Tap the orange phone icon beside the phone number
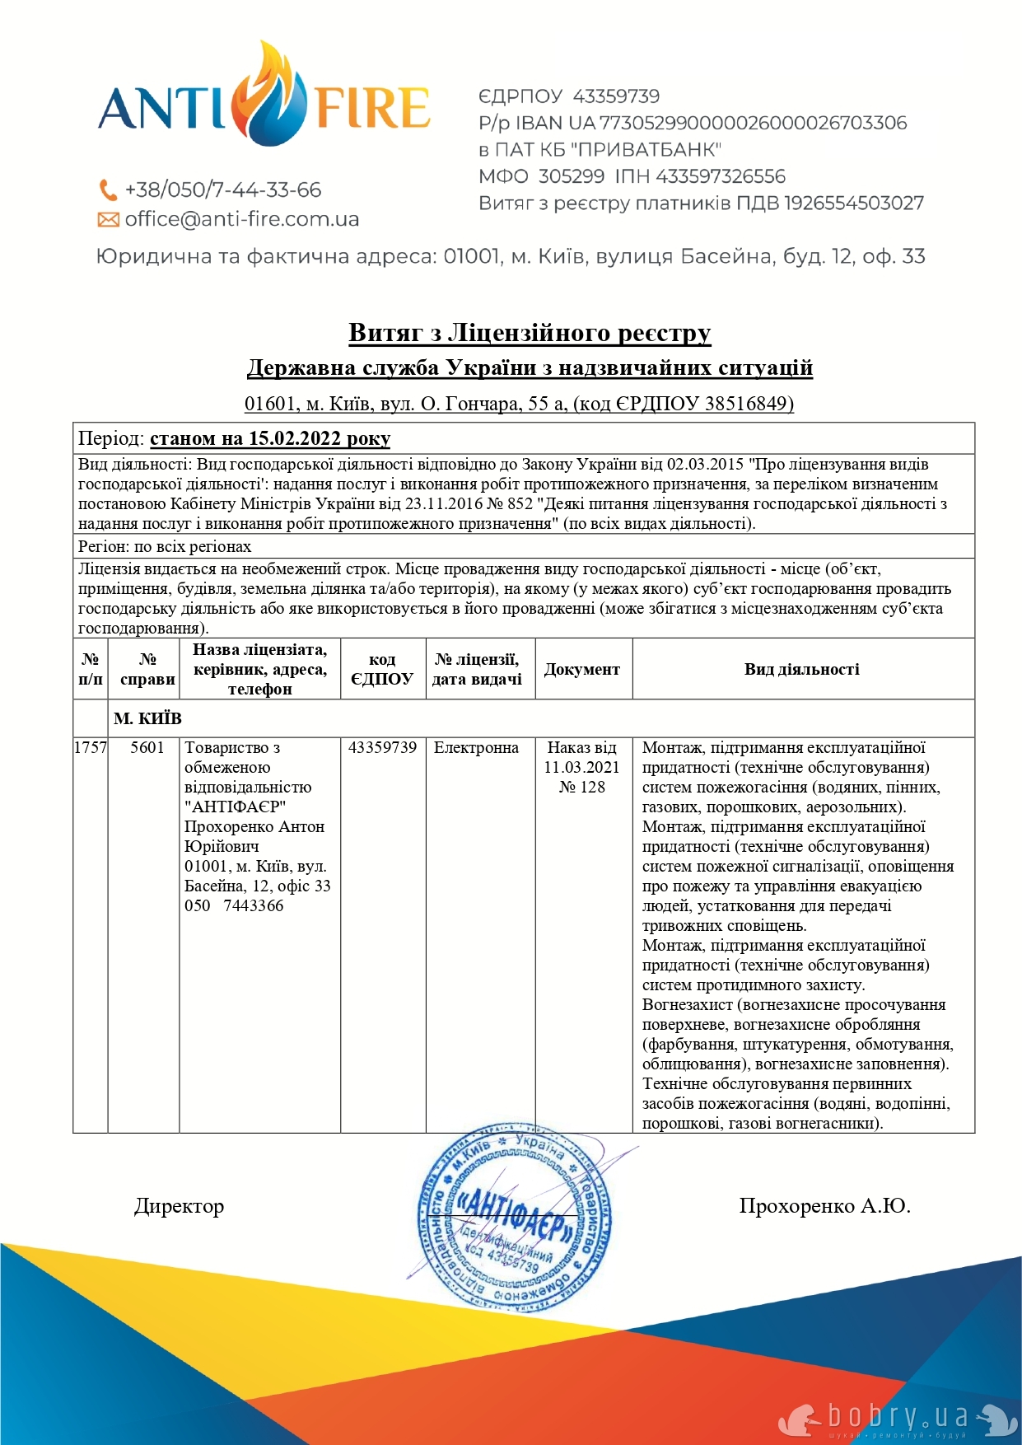point(108,190)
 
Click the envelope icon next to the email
point(108,220)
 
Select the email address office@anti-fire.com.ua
point(241,219)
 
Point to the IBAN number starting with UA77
point(752,123)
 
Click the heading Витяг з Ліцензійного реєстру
point(530,333)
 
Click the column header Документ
point(582,670)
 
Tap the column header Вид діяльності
point(801,670)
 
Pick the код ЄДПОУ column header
point(382,670)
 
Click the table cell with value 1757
point(91,747)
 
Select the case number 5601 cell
point(147,747)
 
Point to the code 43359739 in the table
point(382,747)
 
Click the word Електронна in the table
point(476,747)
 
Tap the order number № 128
point(582,787)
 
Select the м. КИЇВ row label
point(147,718)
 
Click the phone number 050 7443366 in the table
point(234,905)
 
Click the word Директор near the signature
point(179,1206)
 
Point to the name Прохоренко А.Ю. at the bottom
point(824,1206)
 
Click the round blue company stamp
point(514,1215)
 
